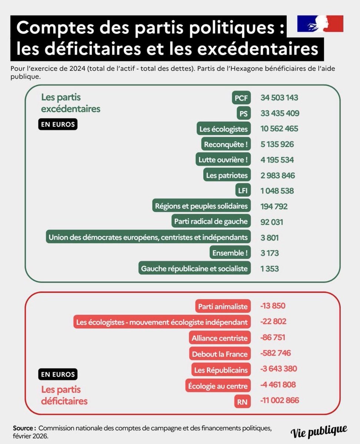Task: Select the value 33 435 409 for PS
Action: [x=280, y=113]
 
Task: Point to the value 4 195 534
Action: [x=277, y=160]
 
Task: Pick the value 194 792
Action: [x=274, y=206]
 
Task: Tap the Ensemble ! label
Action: [x=230, y=253]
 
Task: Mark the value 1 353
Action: [x=269, y=269]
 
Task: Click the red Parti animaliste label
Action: [x=223, y=306]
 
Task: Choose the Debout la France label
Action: [x=220, y=354]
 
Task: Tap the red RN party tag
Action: [x=242, y=401]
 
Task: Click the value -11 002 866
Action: [x=280, y=401]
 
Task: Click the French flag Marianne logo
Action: [x=320, y=24]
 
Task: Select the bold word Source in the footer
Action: [x=24, y=428]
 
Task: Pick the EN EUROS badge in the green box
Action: [x=58, y=124]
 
